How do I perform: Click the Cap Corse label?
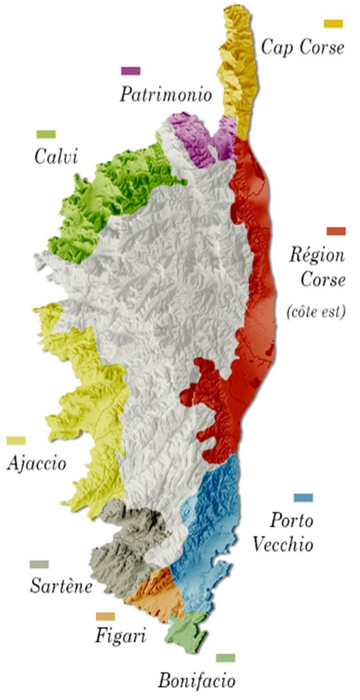coord(303,48)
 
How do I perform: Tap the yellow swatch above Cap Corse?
coord(333,24)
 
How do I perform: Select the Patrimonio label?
coord(165,95)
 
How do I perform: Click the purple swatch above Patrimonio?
coord(131,71)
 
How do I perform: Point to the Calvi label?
coord(56,158)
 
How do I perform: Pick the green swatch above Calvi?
coord(46,134)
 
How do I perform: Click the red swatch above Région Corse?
coord(336,231)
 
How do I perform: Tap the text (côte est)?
coord(315,311)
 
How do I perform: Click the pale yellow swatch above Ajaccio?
coord(16,441)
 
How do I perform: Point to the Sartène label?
coord(61,587)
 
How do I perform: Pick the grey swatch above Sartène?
coord(39,565)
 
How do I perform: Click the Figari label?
coord(121,637)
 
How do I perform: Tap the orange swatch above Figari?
coord(105,617)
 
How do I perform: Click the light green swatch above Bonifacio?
coord(225,658)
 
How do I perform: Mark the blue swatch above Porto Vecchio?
coord(303,498)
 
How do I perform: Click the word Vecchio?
coord(283,544)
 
